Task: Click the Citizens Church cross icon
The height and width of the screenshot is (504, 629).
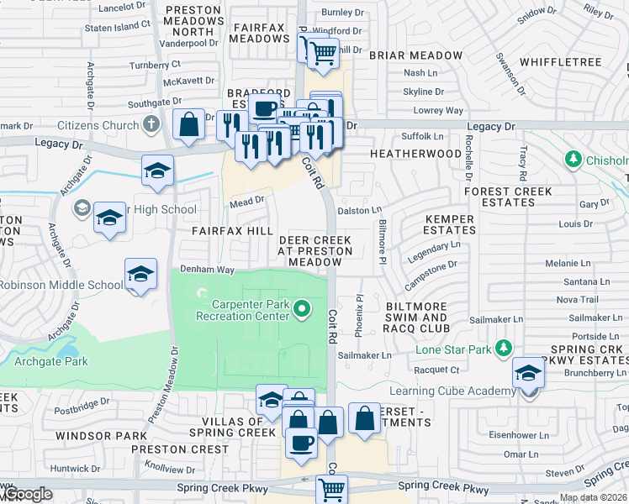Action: [151, 125]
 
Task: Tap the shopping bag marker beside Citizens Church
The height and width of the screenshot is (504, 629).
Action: [189, 124]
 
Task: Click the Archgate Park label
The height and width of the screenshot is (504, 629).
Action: [50, 362]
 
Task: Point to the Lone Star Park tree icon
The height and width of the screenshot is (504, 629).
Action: [503, 348]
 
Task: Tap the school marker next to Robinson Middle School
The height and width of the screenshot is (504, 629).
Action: [141, 275]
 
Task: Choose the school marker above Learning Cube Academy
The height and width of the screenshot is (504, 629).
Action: [528, 371]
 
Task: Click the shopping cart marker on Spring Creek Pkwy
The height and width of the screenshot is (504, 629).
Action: [332, 488]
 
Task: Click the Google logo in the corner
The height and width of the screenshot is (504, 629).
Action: [27, 494]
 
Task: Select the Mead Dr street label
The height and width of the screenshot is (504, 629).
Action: [247, 202]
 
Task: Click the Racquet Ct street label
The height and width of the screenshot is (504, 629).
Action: [436, 369]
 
